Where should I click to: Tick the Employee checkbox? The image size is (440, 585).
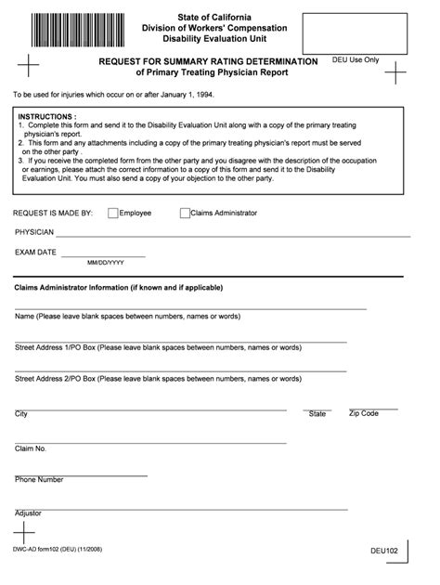tap(113, 213)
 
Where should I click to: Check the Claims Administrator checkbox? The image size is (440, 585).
tap(185, 213)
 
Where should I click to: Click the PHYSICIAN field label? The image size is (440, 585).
tap(34, 231)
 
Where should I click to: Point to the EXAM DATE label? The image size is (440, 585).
tap(35, 253)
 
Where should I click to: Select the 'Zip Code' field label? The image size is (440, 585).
tap(363, 412)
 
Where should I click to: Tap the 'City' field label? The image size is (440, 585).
tap(21, 413)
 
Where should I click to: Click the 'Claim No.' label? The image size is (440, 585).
tap(31, 448)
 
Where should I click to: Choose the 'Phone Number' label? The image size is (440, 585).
tap(39, 480)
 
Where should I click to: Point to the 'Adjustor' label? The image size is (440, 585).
tap(28, 513)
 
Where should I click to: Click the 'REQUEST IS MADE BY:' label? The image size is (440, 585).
tap(53, 213)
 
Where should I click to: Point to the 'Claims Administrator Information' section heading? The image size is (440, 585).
tap(118, 288)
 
